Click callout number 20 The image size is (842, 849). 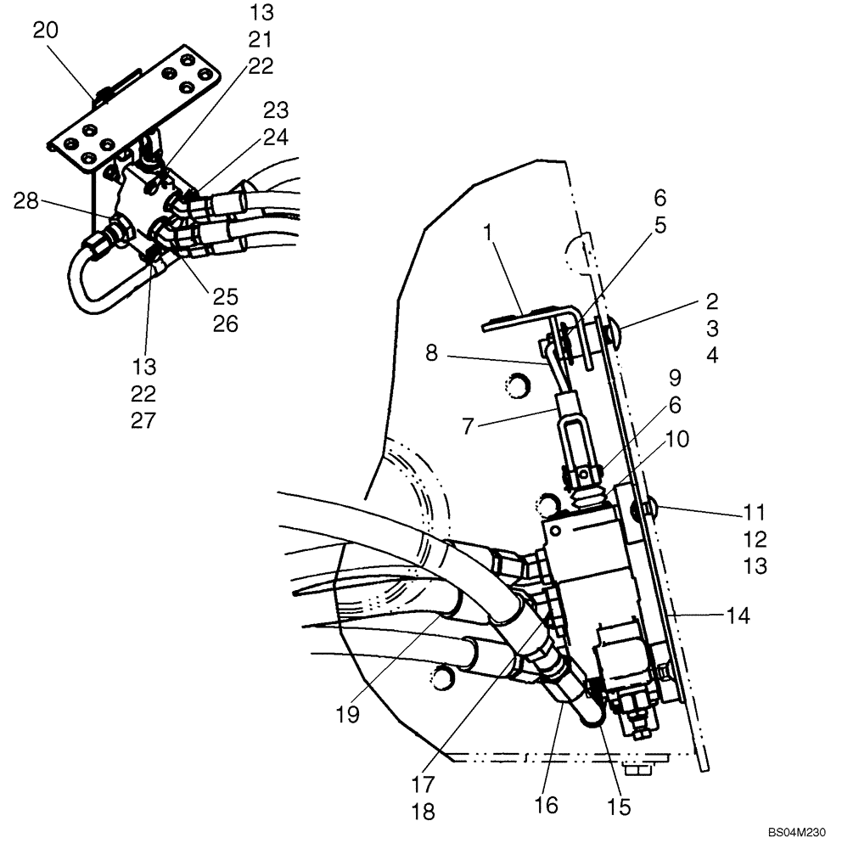(x=46, y=31)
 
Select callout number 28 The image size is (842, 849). (x=26, y=202)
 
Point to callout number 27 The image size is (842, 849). (x=143, y=420)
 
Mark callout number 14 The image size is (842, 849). (x=738, y=616)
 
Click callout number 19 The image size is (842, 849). (x=347, y=715)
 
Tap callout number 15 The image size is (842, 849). (x=620, y=807)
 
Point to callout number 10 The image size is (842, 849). (x=677, y=439)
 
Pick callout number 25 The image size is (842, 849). (x=226, y=296)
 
